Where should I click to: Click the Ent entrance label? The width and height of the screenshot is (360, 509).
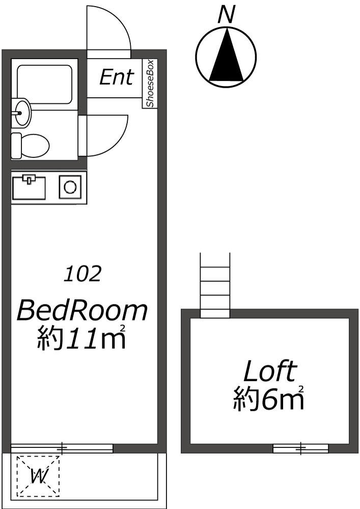(x=116, y=77)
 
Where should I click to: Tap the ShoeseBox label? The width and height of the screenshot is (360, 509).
(x=150, y=83)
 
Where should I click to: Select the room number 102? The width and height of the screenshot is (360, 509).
(x=82, y=274)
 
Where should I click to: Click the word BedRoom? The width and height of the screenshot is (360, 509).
(x=82, y=310)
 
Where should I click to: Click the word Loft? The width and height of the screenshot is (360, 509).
(x=269, y=372)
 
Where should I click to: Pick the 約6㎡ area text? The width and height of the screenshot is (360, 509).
(x=269, y=399)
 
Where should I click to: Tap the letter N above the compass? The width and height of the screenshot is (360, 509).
(x=226, y=14)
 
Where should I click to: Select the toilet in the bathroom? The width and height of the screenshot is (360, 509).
(x=31, y=144)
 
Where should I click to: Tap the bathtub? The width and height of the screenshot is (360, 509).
(x=44, y=84)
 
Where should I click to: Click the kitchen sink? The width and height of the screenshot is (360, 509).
(x=29, y=187)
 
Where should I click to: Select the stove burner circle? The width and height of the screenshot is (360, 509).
(x=70, y=187)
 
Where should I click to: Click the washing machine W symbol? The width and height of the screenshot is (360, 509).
(x=39, y=476)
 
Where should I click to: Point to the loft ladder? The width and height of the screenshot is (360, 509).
(x=214, y=285)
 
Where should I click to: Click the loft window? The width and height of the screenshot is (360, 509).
(x=300, y=448)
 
